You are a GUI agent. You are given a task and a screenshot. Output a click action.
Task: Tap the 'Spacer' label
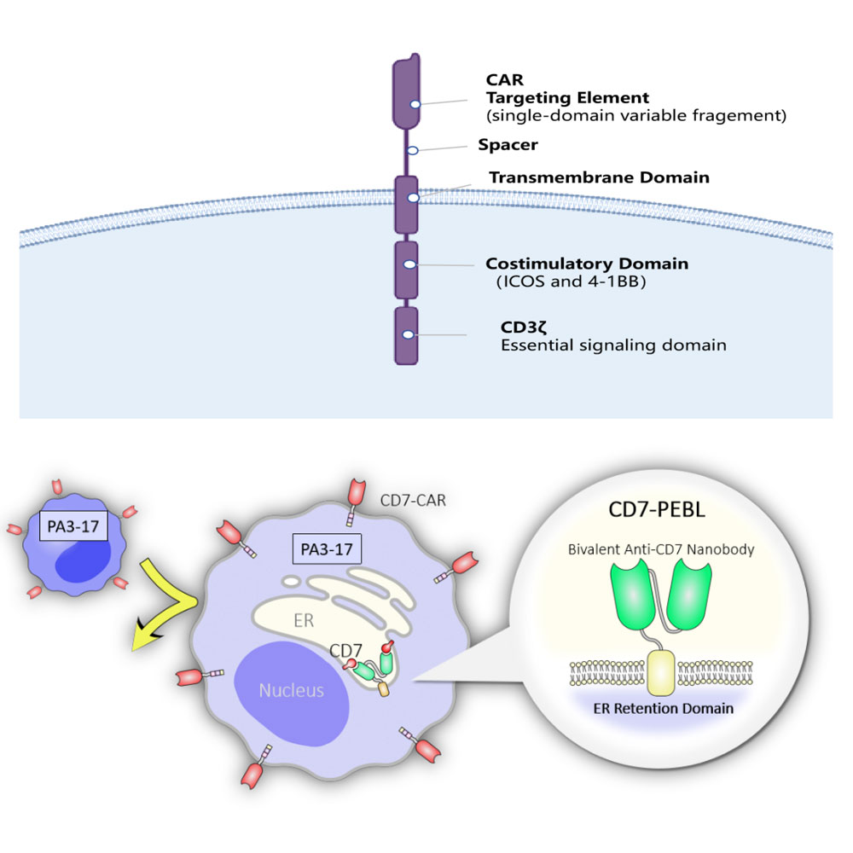pyautogui.click(x=508, y=145)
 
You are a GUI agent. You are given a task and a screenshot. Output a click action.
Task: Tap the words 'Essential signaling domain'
pyautogui.click(x=612, y=345)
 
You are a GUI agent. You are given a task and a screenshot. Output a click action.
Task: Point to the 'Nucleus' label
pyautogui.click(x=292, y=690)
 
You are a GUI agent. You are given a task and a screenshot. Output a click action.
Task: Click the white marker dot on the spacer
pyautogui.click(x=412, y=150)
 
